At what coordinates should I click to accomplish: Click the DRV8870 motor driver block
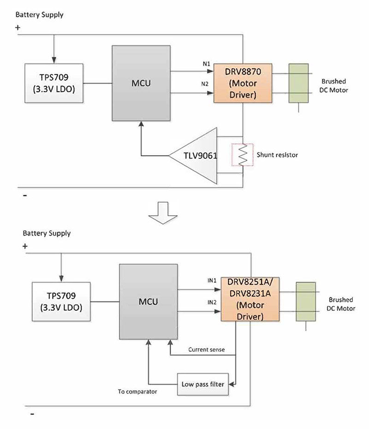243,83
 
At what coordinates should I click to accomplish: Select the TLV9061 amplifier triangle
196,156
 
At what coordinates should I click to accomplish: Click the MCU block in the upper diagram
141,84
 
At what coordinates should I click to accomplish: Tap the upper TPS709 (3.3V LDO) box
53,84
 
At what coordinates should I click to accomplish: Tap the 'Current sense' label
206,350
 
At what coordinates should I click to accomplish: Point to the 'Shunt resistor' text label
277,155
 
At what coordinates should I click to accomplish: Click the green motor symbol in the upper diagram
298,83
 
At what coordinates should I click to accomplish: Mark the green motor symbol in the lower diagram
305,302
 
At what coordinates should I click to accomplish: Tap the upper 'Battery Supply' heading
39,15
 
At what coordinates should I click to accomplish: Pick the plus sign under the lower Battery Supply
24,247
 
